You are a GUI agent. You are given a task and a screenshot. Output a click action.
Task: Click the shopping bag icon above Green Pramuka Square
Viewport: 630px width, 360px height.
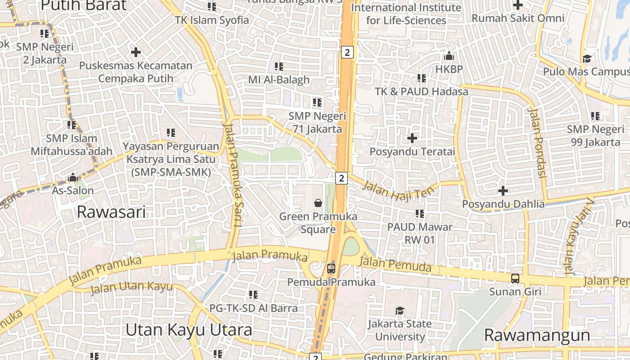pyautogui.click(x=318, y=203)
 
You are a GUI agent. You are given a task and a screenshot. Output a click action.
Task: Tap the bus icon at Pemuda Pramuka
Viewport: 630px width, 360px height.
pyautogui.click(x=331, y=269)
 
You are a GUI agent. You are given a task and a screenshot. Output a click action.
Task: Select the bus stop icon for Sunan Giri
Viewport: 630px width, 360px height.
pyautogui.click(x=515, y=279)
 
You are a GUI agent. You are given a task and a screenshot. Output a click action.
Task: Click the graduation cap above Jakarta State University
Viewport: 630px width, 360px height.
pyautogui.click(x=400, y=310)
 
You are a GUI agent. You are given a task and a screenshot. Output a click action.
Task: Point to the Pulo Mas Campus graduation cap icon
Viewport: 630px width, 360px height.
pyautogui.click(x=587, y=58)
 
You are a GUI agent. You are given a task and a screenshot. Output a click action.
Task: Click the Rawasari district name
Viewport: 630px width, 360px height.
pyautogui.click(x=111, y=211)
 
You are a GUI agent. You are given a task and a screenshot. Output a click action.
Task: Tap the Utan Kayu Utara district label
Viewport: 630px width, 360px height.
pyautogui.click(x=189, y=330)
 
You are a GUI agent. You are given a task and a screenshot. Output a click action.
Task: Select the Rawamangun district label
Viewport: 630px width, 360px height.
pyautogui.click(x=537, y=335)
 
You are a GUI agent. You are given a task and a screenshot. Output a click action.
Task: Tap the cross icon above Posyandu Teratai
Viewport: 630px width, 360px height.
pyautogui.click(x=412, y=138)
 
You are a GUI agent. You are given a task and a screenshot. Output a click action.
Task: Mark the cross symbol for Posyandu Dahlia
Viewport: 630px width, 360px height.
pyautogui.click(x=503, y=191)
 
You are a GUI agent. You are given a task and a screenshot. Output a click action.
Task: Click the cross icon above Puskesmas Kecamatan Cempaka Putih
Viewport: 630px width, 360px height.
pyautogui.click(x=135, y=52)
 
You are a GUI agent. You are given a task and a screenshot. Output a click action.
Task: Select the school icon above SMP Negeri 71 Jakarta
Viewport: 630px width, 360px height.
pyautogui.click(x=317, y=103)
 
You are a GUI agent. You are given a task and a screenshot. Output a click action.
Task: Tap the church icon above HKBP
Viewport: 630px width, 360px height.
pyautogui.click(x=449, y=56)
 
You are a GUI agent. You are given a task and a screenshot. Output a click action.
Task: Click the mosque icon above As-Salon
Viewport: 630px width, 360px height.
pyautogui.click(x=73, y=177)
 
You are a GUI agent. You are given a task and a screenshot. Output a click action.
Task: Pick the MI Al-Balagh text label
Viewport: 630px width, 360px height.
pyautogui.click(x=279, y=80)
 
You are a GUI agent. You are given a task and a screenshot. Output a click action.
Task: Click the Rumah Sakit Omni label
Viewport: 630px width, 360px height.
pyautogui.click(x=517, y=18)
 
